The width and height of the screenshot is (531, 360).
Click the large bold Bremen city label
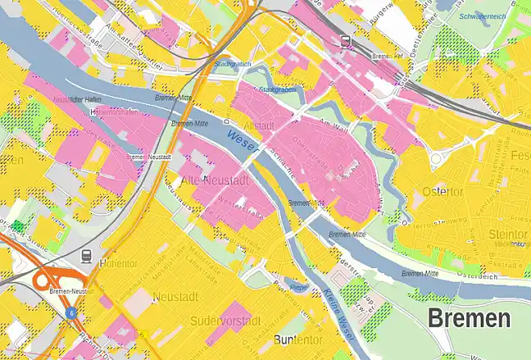click(469, 319)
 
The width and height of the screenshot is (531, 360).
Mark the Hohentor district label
click(118, 263)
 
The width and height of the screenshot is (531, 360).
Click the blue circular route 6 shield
click(71, 312)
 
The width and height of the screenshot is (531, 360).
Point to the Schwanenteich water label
click(482, 16)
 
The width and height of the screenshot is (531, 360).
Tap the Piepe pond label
click(299, 288)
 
